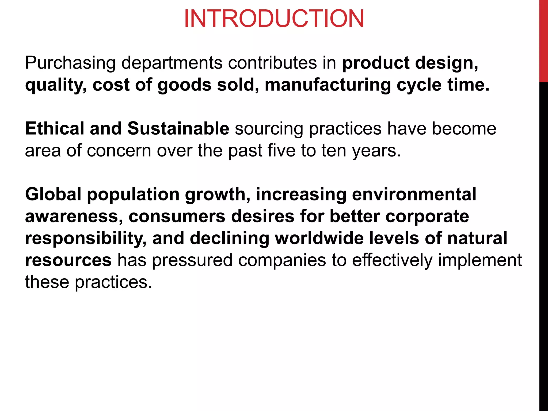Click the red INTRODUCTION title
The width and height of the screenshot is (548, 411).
coord(274,19)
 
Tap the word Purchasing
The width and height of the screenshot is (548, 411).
coord(70,63)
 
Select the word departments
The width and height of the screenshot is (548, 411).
coord(172,63)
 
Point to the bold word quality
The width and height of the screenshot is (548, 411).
coord(56,85)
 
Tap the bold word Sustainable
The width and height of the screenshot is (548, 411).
coord(178,129)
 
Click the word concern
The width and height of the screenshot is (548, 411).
coord(119,151)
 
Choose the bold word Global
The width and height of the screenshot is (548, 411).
coord(53,194)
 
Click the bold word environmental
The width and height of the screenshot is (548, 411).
coord(414,194)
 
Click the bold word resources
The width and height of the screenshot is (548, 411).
coord(68,260)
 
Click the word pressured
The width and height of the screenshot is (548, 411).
coord(192,260)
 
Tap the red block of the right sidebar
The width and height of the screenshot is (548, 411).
coord(543,40)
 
